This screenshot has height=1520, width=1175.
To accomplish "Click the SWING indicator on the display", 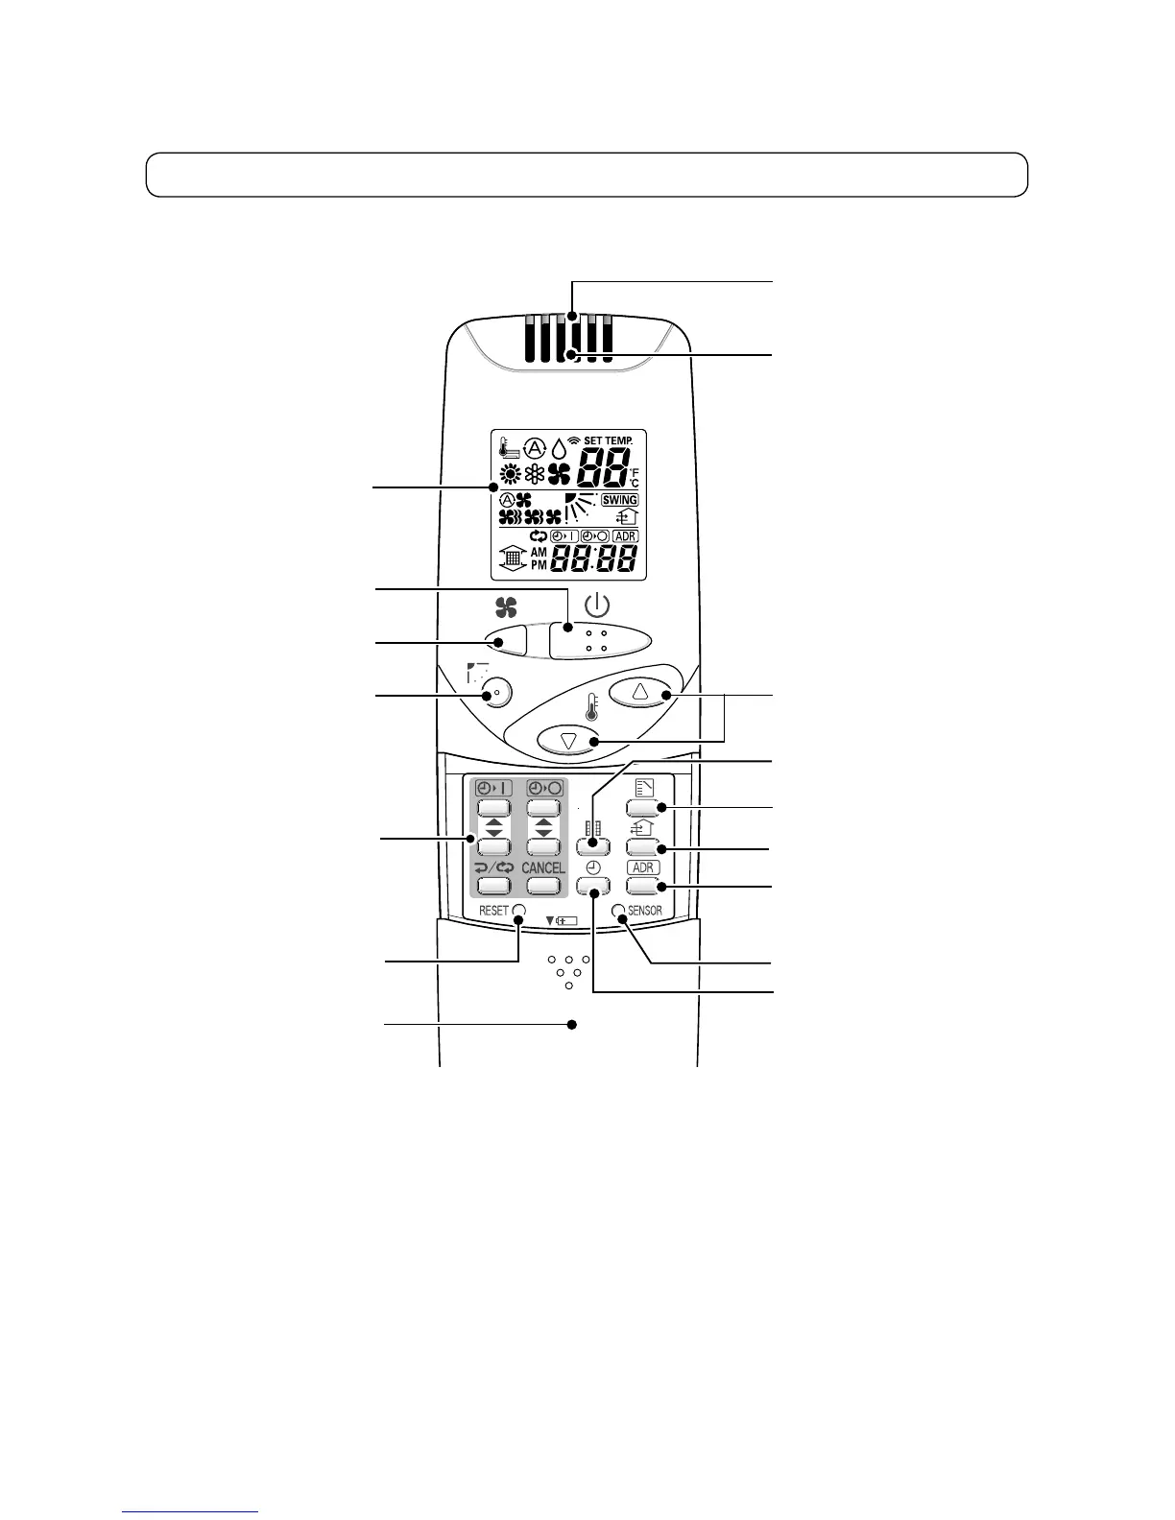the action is click(x=620, y=500).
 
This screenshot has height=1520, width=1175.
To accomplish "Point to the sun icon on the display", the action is click(x=511, y=473).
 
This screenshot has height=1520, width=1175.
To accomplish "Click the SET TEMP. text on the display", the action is click(x=609, y=440).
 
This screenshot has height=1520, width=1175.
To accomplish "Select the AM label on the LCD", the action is click(x=539, y=553).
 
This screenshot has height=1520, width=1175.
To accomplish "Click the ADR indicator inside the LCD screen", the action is click(x=625, y=535).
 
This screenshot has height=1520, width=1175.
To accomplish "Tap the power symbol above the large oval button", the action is click(x=597, y=606).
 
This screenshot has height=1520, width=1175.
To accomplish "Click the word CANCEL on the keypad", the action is click(x=543, y=867).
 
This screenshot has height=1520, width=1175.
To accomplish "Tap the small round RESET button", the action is click(x=519, y=911).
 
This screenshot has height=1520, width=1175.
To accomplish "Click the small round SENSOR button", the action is click(x=619, y=911).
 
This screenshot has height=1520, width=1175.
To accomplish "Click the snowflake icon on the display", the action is click(x=535, y=473).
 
